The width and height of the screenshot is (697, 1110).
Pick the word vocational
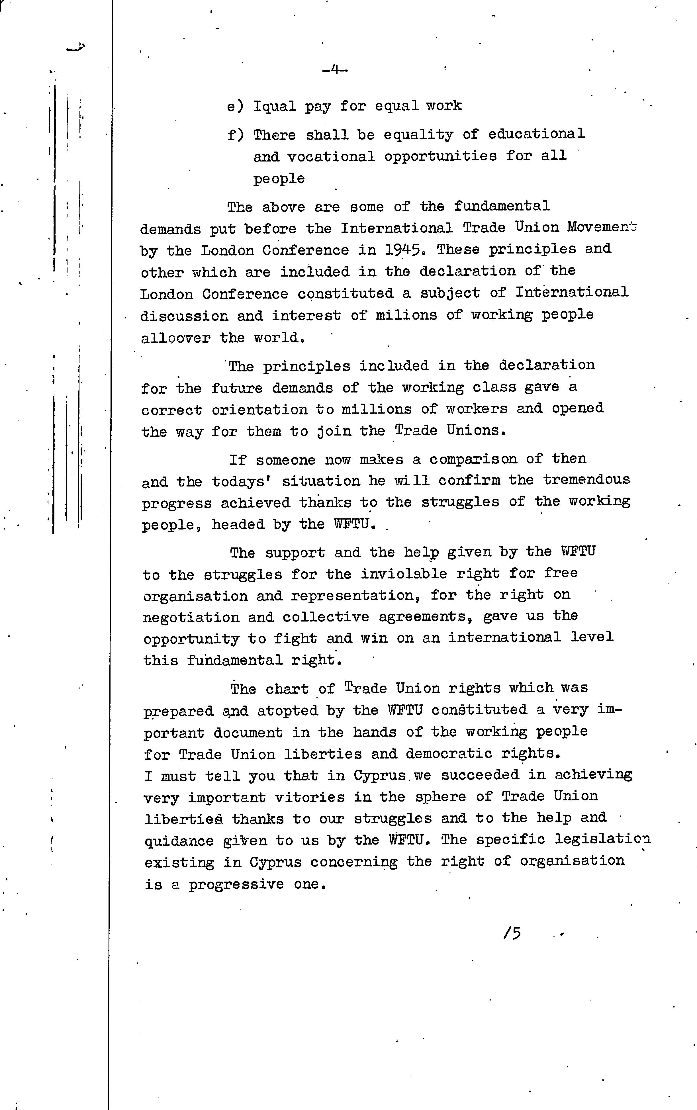point(331,157)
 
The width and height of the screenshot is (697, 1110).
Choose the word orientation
point(259,410)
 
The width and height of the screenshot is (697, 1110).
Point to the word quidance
point(179,841)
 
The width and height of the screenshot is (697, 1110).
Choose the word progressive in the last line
point(236,885)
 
